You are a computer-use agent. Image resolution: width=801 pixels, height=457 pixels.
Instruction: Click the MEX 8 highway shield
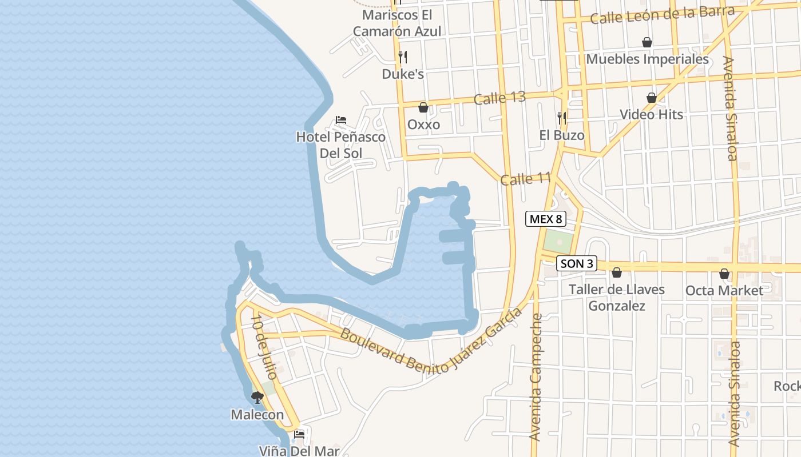click(x=546, y=218)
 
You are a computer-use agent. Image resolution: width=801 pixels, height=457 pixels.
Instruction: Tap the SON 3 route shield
click(x=577, y=263)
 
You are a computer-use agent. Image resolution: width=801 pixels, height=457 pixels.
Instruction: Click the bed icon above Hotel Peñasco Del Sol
click(x=340, y=120)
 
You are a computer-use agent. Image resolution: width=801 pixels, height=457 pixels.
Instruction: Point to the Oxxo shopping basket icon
click(x=423, y=107)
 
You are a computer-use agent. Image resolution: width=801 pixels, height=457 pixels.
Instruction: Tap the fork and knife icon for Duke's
click(x=403, y=57)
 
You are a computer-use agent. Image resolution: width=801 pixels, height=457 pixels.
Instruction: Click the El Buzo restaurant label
click(x=562, y=135)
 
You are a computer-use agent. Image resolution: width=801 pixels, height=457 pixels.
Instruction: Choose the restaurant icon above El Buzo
click(x=562, y=118)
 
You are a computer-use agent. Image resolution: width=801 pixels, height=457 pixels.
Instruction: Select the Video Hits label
click(x=651, y=114)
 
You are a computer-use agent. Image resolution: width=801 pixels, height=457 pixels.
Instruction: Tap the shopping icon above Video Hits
click(x=651, y=98)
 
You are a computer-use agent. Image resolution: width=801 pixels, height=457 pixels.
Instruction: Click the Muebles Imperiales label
click(x=647, y=59)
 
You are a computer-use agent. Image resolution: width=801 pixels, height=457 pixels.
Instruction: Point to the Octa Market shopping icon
click(x=724, y=274)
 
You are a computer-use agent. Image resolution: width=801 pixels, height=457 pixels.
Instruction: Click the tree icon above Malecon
click(x=257, y=398)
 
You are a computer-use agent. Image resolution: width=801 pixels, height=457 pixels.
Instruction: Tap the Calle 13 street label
click(x=499, y=98)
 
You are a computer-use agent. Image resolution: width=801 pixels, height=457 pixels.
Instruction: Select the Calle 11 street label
click(x=525, y=179)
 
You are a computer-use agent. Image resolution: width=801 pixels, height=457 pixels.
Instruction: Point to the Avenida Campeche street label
click(x=536, y=377)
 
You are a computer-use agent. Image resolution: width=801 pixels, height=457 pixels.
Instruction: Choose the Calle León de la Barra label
click(x=662, y=15)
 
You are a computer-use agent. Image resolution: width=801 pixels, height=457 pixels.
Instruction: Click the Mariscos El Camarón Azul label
click(x=397, y=23)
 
